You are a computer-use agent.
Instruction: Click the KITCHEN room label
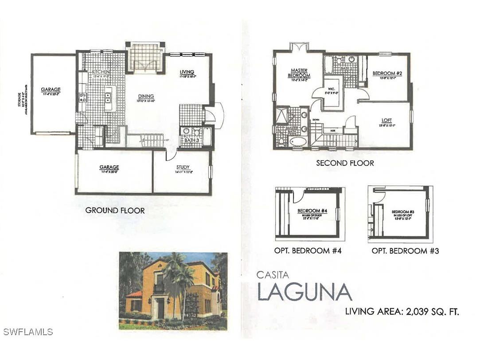101,72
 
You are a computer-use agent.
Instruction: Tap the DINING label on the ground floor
145,96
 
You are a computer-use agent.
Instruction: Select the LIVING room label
187,72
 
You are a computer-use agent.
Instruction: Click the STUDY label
182,167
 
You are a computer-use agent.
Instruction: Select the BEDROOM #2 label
387,73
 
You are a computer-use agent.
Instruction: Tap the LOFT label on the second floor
387,120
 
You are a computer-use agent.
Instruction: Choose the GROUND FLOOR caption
115,210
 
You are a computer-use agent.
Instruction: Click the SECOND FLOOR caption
345,163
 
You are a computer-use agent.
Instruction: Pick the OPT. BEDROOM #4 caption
308,250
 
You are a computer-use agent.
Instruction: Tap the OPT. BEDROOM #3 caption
405,250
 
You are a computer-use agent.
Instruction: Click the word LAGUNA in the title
305,292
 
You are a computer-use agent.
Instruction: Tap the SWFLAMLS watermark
28,332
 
